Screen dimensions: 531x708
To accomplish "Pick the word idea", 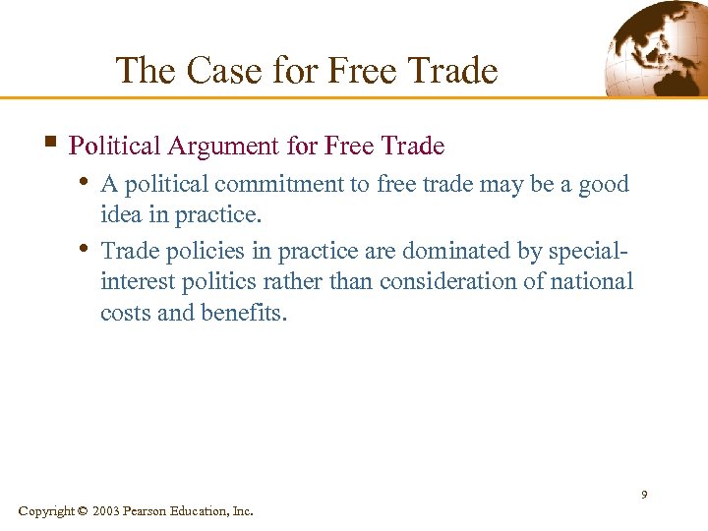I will point(121,215).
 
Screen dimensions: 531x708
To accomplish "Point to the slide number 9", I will point(644,494).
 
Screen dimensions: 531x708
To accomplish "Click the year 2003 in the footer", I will point(107,511).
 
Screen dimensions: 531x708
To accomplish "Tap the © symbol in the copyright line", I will point(82,511).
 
